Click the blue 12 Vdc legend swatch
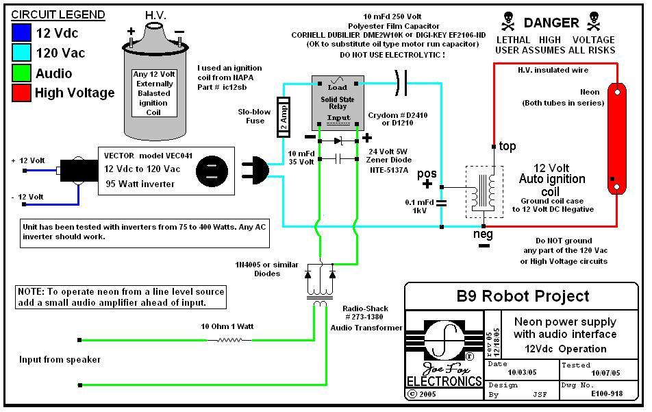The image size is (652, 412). point(21,33)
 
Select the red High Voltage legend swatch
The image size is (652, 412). point(21,93)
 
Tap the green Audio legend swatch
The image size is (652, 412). point(21,73)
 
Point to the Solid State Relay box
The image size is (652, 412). point(338,103)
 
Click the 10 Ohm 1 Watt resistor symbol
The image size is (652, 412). point(228,339)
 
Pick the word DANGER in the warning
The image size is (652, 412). point(551,23)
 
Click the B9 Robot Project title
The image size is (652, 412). point(523,296)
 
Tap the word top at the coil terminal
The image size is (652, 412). point(507,146)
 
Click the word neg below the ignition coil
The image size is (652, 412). point(484,234)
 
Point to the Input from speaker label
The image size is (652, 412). point(60,359)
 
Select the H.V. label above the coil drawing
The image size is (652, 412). point(155,14)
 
